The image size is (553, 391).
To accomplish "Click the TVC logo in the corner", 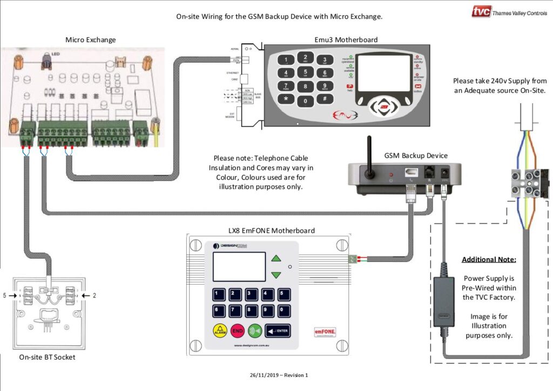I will coord(481,11).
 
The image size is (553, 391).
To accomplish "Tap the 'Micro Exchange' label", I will coord(91,39).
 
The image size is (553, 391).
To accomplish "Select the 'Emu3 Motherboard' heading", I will coord(346,39).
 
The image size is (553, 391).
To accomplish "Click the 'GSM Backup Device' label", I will coord(416,156).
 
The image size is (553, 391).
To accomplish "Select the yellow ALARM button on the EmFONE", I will coord(220,330).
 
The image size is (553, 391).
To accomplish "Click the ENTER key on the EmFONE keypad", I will coord(278,330).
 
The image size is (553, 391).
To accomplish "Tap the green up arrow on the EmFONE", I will coord(276,258).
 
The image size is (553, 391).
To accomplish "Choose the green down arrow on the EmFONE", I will coord(276,275).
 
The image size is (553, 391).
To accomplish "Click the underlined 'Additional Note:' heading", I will coord(489,260).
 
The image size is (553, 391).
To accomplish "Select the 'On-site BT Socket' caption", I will coord(47,357).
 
